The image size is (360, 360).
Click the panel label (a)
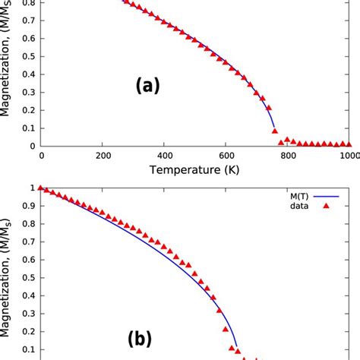tap(148, 87)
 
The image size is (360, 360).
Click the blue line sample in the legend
tap(336, 194)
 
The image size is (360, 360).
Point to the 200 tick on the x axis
tap(103, 156)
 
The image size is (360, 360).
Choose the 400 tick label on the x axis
tap(165, 156)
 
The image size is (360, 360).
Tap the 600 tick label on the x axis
tap(226, 156)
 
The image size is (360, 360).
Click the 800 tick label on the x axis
tap(289, 156)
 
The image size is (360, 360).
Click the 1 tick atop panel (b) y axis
tap(32, 188)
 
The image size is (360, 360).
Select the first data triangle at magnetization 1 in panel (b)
tap(41, 188)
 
